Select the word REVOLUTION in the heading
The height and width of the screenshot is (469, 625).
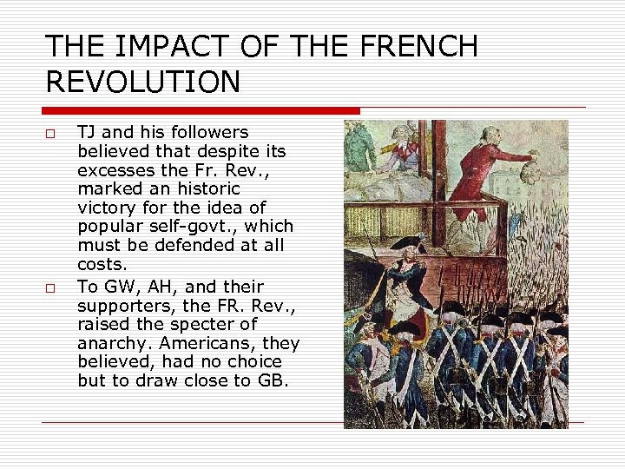143,83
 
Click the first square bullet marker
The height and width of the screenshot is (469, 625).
51,135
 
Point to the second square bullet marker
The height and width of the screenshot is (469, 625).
51,288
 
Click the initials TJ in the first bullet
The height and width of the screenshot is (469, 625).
87,133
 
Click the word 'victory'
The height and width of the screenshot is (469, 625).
105,208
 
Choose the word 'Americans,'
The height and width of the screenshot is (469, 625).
205,343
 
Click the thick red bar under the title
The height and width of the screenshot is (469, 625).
200,111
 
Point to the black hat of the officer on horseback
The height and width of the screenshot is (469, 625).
405,242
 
